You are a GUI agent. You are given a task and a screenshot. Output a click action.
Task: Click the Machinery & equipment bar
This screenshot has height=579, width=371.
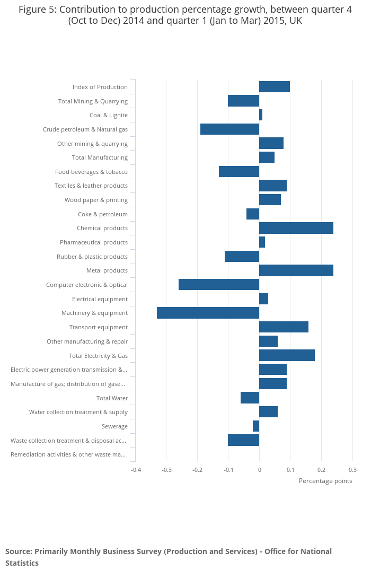[x=208, y=313]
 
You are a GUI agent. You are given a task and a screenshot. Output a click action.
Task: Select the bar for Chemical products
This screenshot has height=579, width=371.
[x=296, y=228]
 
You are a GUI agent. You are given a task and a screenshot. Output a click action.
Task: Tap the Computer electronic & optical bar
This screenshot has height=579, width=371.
[x=219, y=285]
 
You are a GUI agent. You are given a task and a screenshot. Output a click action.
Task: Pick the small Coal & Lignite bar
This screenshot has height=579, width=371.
[x=261, y=115]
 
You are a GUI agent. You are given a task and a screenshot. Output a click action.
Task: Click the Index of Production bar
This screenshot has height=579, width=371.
[x=275, y=87]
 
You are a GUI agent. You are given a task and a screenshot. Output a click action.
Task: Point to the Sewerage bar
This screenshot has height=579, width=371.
[x=256, y=426]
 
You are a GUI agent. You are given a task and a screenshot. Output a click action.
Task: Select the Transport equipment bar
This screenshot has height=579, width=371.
[x=284, y=327]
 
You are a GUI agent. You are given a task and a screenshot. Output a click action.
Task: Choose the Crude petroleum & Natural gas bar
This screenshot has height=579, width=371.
[x=229, y=129]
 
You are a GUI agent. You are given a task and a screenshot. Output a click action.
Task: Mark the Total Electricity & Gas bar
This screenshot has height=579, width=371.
[x=287, y=355]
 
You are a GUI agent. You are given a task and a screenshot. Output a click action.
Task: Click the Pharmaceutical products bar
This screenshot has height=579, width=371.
[x=262, y=242]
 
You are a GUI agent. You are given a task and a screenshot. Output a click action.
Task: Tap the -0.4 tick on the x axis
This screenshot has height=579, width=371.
[x=136, y=470]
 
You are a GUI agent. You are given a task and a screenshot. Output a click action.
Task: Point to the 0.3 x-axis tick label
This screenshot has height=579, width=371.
[x=352, y=470]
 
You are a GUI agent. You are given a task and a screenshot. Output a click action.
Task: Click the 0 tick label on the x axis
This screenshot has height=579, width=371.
[x=259, y=470]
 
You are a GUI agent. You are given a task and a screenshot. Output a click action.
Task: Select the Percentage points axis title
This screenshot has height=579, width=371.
[x=325, y=481]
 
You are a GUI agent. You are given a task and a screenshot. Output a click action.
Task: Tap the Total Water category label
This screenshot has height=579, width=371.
[x=112, y=398]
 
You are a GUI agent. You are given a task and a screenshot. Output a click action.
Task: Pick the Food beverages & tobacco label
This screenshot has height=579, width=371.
[x=91, y=172]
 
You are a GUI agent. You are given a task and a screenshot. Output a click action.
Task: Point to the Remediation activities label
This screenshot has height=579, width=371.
[x=68, y=454]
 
